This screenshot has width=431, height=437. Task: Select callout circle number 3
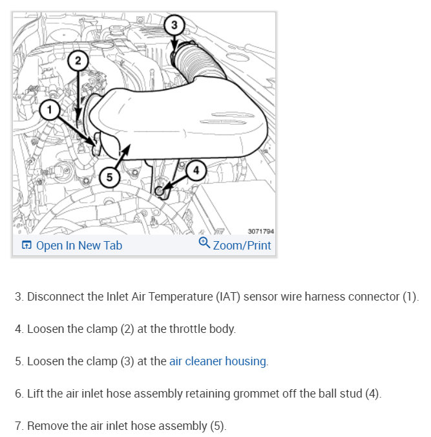(174, 25)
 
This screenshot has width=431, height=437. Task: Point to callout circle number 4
(196, 171)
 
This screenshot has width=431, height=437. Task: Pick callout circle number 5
(109, 177)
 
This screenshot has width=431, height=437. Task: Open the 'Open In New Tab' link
(79, 245)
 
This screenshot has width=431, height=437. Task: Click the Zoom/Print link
(242, 245)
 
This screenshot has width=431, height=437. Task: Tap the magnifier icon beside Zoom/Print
(204, 244)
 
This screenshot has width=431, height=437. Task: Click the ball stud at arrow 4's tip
(160, 191)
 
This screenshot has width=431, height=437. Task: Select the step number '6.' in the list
(19, 394)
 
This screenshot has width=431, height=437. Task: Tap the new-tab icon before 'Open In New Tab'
(26, 245)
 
